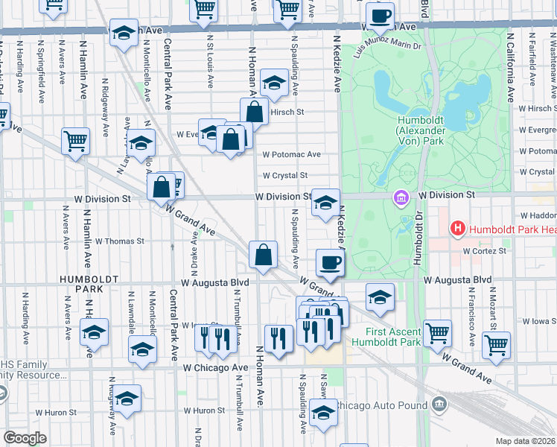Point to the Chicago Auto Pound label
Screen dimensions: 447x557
[381, 405]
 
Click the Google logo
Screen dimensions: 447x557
[25, 438]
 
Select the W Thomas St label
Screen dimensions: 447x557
[119, 241]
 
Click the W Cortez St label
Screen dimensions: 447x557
[484, 251]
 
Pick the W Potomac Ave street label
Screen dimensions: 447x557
[291, 154]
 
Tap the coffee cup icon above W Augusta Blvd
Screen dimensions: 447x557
[331, 261]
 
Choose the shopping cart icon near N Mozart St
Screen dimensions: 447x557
[496, 344]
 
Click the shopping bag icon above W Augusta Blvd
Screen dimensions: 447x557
[263, 255]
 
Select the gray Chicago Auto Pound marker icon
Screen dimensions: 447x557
[439, 405]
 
